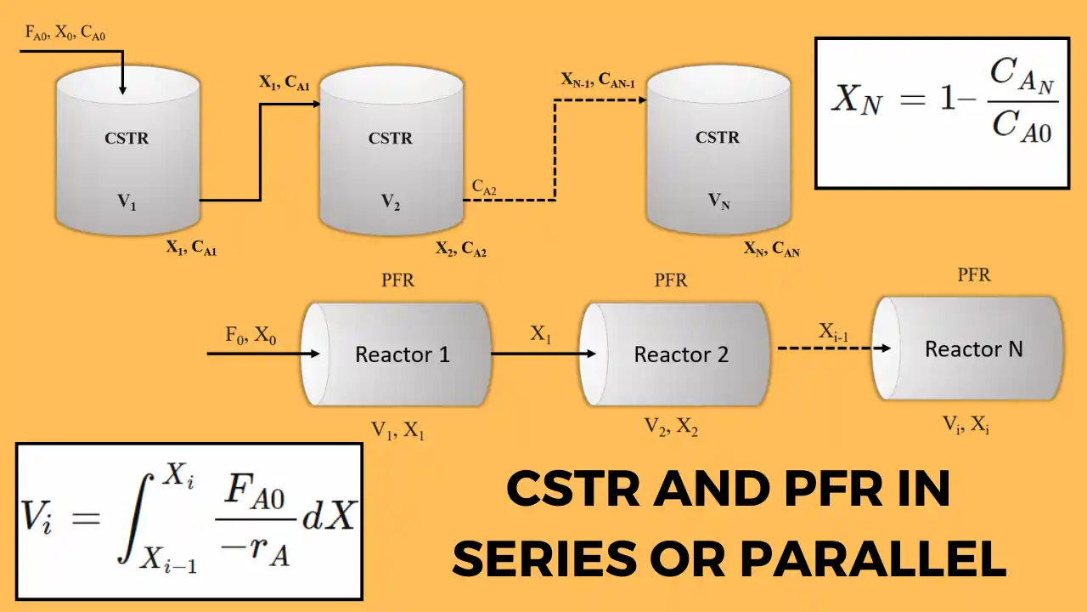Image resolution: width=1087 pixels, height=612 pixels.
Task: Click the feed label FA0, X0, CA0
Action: [x=65, y=34]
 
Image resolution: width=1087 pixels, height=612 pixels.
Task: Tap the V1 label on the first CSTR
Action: [x=127, y=202]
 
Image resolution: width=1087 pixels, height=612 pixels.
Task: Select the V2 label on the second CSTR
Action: [x=390, y=202]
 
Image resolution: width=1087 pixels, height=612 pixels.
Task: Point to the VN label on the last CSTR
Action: [x=718, y=201]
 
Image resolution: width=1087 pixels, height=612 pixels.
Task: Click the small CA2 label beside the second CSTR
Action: [x=485, y=187]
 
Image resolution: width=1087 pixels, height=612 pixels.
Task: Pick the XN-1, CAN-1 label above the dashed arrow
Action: [x=598, y=80]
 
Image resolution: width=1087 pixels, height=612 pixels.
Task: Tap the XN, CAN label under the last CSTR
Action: [x=771, y=250]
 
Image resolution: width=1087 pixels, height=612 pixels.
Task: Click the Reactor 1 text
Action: [x=403, y=354]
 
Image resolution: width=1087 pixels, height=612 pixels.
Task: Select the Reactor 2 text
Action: [x=681, y=354]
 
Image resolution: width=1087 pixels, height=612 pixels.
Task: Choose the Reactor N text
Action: [x=973, y=348]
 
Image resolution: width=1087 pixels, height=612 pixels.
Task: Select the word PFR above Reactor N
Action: [x=974, y=275]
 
